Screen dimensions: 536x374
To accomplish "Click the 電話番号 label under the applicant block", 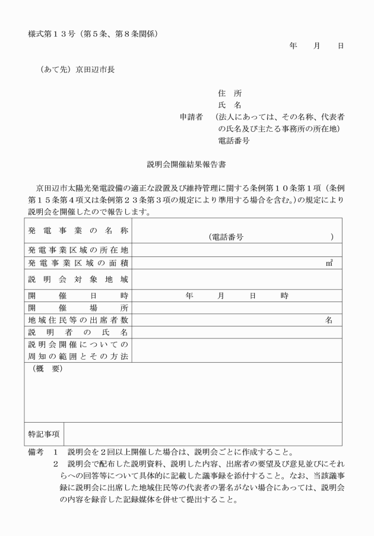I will pyautogui.click(x=233, y=141).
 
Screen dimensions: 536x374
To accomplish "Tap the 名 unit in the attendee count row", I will pyautogui.click(x=329, y=320).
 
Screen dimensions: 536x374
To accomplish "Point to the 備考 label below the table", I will pyautogui.click(x=36, y=452).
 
